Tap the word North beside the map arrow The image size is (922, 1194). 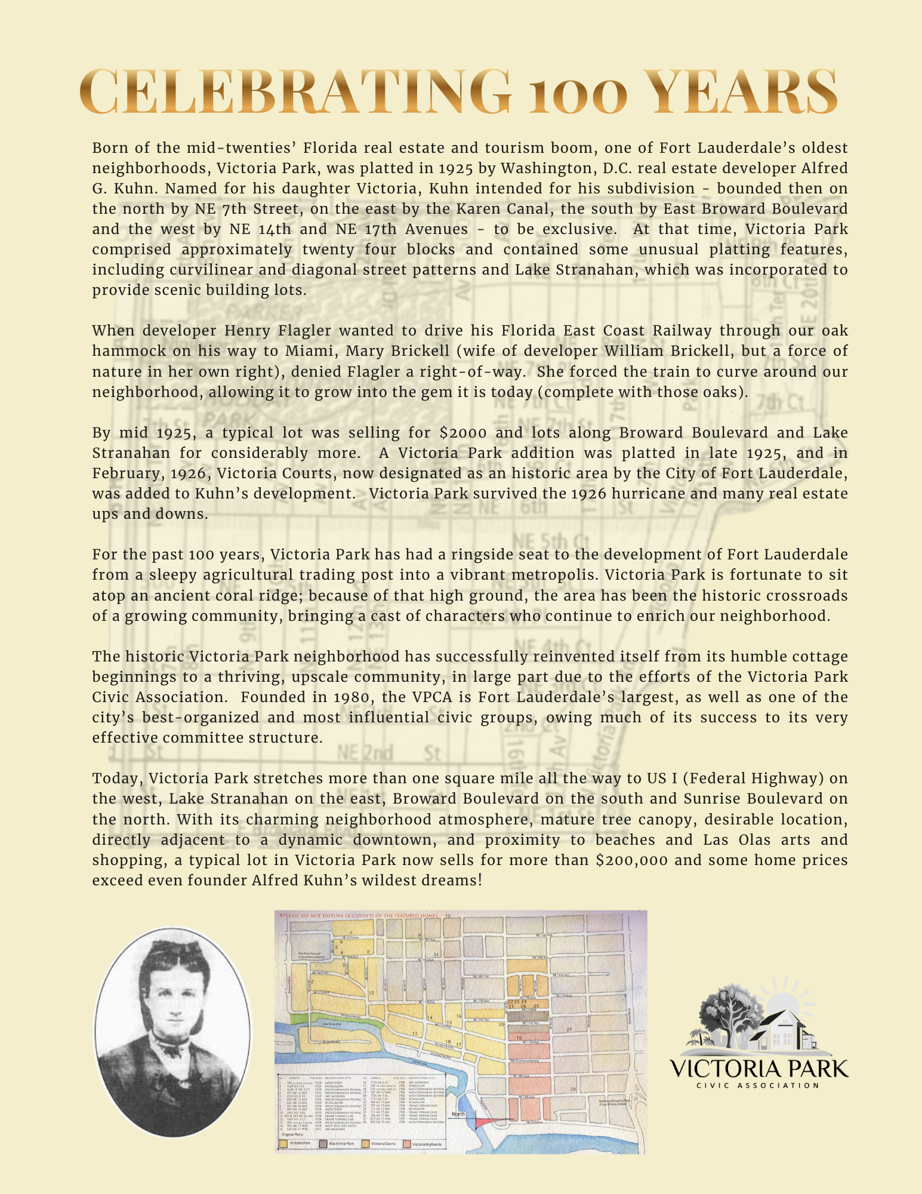coord(458,1115)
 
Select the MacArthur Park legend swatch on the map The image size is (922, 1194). coord(323,1144)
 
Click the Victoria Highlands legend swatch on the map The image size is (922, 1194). coord(408,1144)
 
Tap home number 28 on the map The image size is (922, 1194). coord(573,1090)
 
